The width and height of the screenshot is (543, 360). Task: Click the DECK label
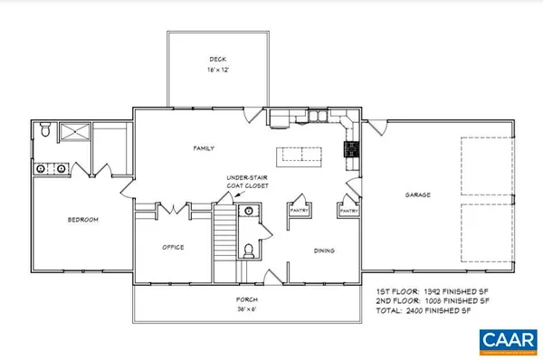217,61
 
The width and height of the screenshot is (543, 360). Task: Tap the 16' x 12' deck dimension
217,70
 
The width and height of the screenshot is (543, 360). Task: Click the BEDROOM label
82,220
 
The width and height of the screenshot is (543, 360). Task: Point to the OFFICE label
174,247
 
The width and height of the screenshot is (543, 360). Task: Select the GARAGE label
416,194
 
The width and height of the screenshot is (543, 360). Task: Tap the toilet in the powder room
249,249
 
